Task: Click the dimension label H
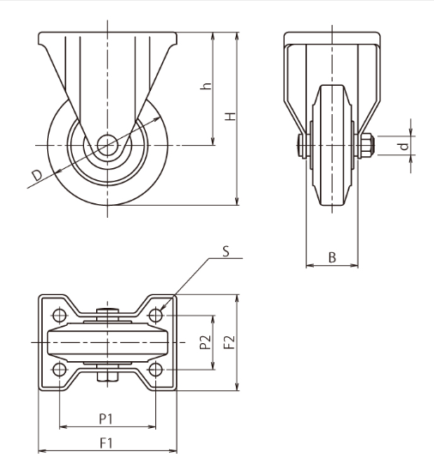(x=231, y=117)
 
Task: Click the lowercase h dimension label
(x=206, y=86)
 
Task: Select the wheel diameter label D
(x=38, y=175)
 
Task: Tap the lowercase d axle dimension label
(x=404, y=146)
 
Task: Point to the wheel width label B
(x=332, y=257)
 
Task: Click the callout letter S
(x=226, y=251)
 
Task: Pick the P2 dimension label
(x=206, y=342)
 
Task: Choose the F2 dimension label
(x=229, y=342)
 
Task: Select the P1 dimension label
(x=105, y=419)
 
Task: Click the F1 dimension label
(x=106, y=443)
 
